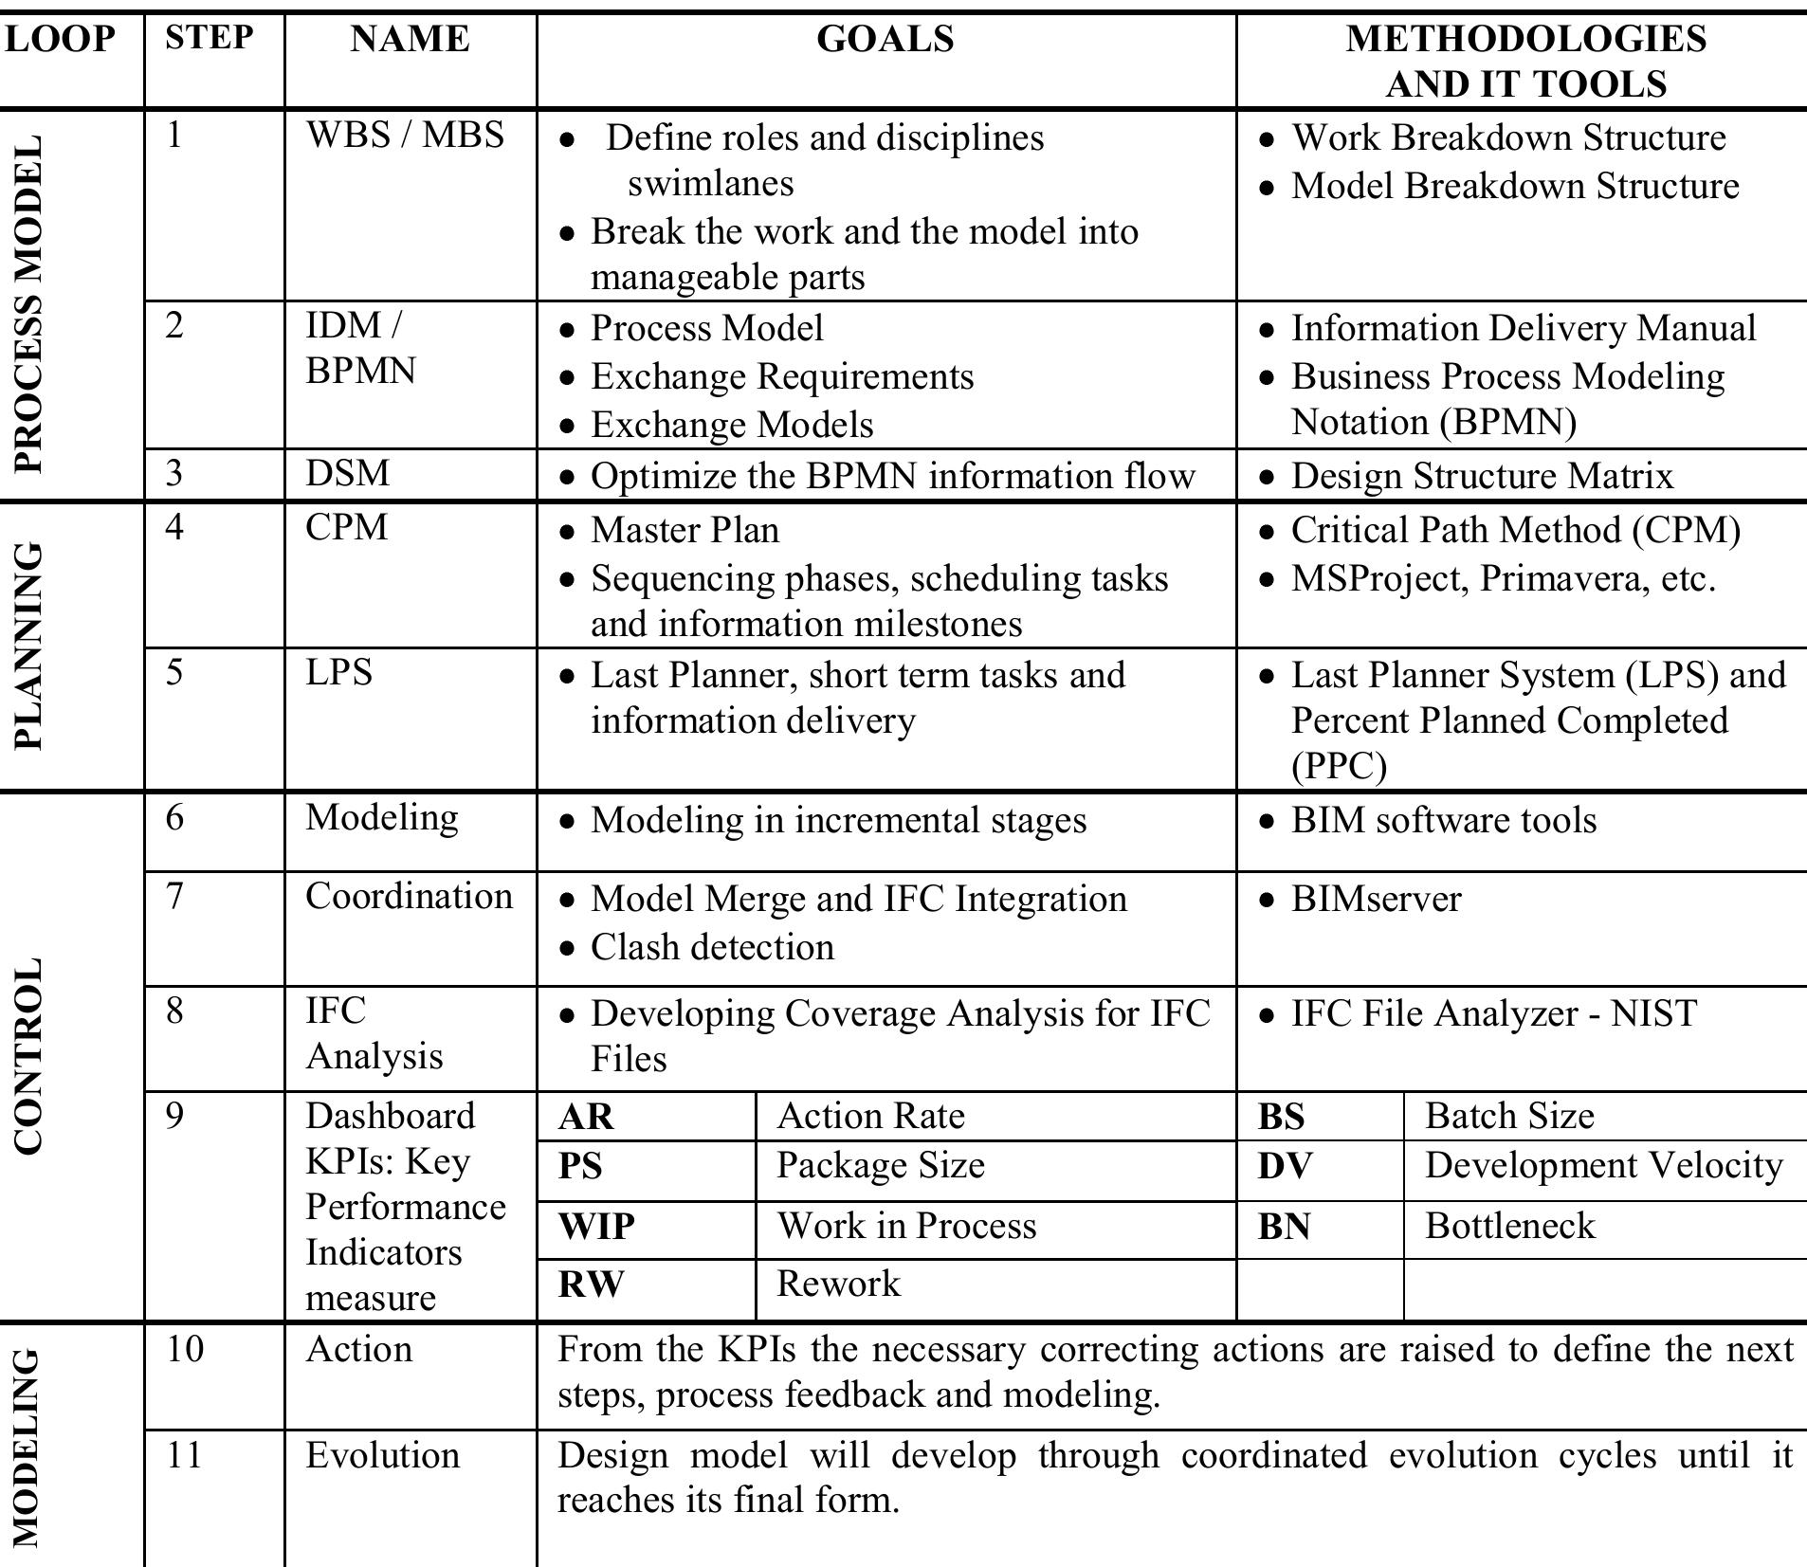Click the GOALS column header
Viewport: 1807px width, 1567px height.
click(x=885, y=40)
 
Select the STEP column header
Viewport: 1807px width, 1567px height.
click(x=210, y=38)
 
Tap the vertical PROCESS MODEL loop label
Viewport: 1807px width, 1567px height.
click(x=27, y=303)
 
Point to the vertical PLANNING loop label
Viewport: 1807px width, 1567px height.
click(x=27, y=647)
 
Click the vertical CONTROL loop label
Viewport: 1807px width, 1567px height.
click(x=27, y=1055)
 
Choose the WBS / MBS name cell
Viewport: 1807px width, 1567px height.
click(x=405, y=136)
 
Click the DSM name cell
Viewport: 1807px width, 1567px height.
click(x=347, y=473)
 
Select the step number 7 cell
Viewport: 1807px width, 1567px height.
click(x=174, y=896)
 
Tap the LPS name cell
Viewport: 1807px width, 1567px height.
click(x=338, y=673)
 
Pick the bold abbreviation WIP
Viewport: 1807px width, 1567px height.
click(x=595, y=1227)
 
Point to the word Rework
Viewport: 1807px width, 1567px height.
click(x=838, y=1284)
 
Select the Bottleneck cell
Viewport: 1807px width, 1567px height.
click(x=1509, y=1226)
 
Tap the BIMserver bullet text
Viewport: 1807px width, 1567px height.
click(x=1376, y=899)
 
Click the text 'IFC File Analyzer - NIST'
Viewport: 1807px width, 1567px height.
click(x=1493, y=1013)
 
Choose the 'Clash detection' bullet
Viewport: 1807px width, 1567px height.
click(x=712, y=947)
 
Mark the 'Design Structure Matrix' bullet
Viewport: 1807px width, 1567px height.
click(x=1482, y=476)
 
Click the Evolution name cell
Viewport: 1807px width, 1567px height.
click(x=382, y=1455)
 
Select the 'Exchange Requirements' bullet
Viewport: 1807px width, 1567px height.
click(x=782, y=377)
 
